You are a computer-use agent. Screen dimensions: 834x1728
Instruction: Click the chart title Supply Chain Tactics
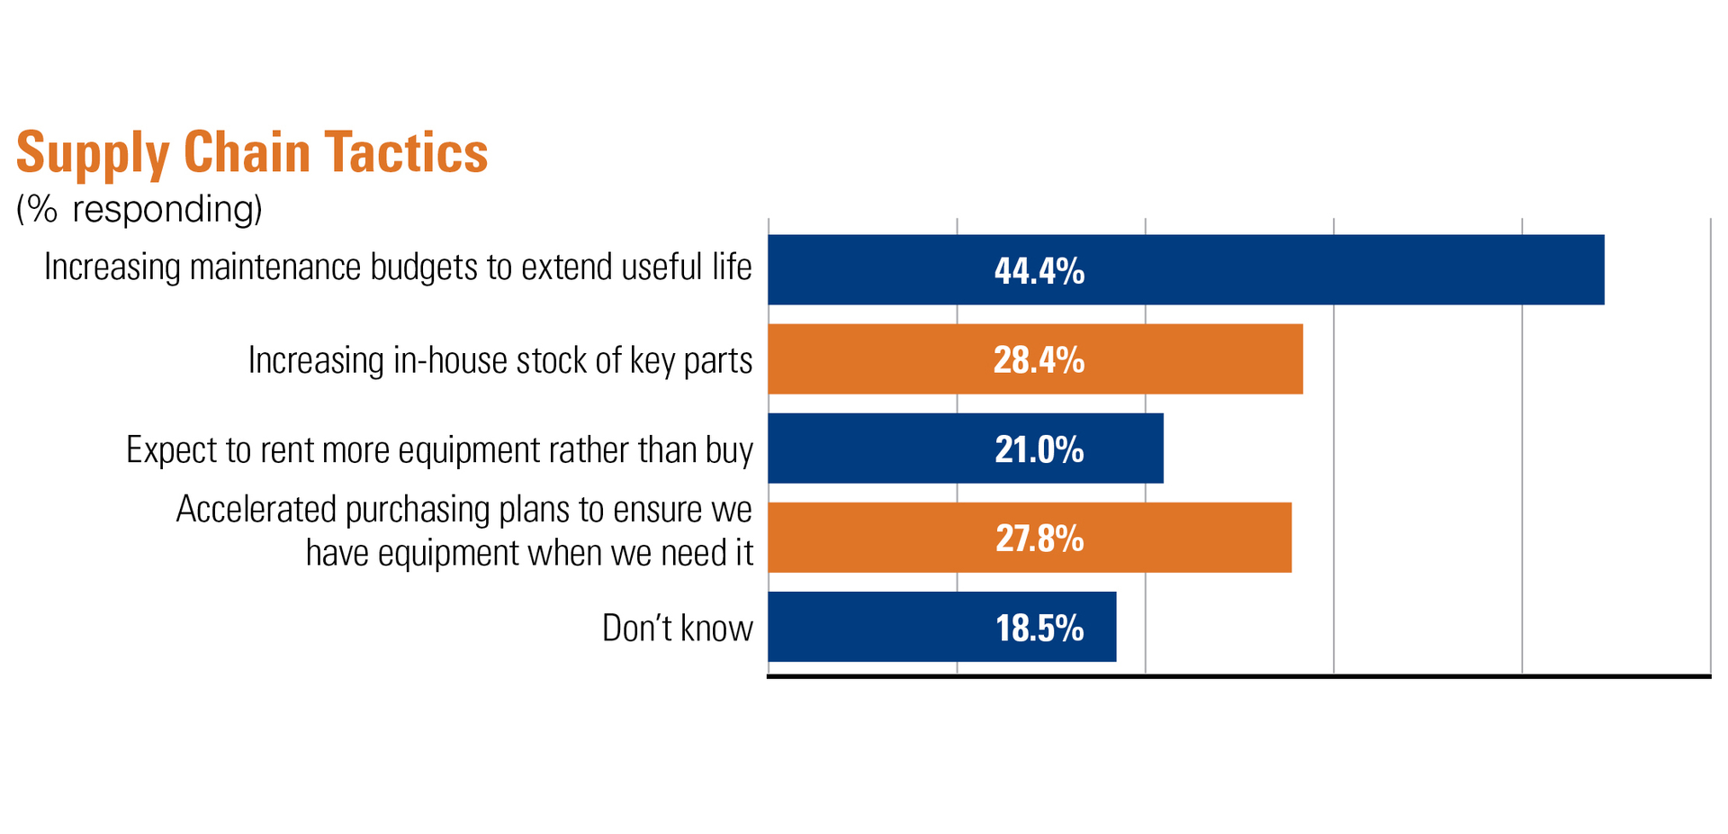pyautogui.click(x=252, y=152)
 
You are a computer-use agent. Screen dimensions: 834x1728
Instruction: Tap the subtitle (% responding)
pyautogui.click(x=139, y=209)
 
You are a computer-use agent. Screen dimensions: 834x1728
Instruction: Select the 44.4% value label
pyautogui.click(x=1039, y=271)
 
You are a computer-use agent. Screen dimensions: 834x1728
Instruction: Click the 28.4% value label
pyautogui.click(x=1039, y=360)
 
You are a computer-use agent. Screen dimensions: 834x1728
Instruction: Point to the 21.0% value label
pyautogui.click(x=1039, y=449)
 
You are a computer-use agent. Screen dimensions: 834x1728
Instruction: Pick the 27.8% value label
pyautogui.click(x=1039, y=539)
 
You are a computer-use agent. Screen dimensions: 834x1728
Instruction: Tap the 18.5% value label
pyautogui.click(x=1039, y=628)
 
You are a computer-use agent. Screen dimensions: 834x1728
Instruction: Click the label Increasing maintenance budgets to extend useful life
pyautogui.click(x=398, y=267)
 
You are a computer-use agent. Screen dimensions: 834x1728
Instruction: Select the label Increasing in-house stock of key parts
pyautogui.click(x=499, y=360)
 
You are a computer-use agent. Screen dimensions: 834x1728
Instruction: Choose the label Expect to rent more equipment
pyautogui.click(x=439, y=449)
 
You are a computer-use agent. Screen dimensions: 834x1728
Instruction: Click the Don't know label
pyautogui.click(x=677, y=628)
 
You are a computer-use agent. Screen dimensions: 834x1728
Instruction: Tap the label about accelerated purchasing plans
pyautogui.click(x=464, y=531)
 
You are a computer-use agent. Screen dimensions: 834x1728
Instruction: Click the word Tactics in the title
pyautogui.click(x=406, y=152)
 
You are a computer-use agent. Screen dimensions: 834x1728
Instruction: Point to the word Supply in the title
pyautogui.click(x=93, y=152)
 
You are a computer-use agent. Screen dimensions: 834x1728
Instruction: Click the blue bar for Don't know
pyautogui.click(x=864, y=627)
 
